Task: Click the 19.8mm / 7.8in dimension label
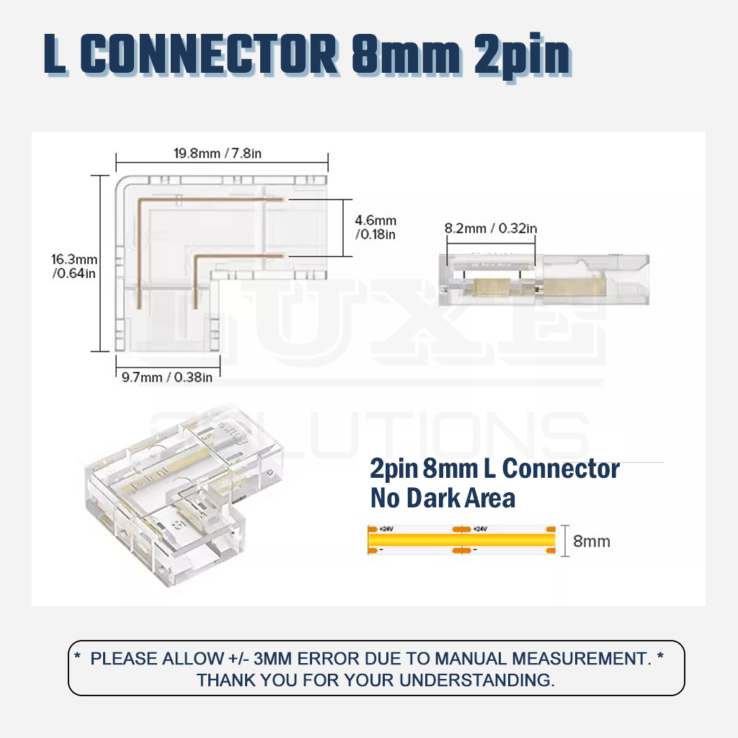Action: click(x=222, y=153)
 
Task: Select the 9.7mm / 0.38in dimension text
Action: click(x=167, y=376)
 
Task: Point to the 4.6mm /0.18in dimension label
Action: click(x=375, y=227)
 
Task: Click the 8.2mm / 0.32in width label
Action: click(x=490, y=228)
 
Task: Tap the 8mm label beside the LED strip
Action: click(x=591, y=541)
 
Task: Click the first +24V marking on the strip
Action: click(x=386, y=529)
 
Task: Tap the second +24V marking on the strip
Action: click(x=480, y=529)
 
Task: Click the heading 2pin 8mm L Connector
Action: click(x=494, y=469)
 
